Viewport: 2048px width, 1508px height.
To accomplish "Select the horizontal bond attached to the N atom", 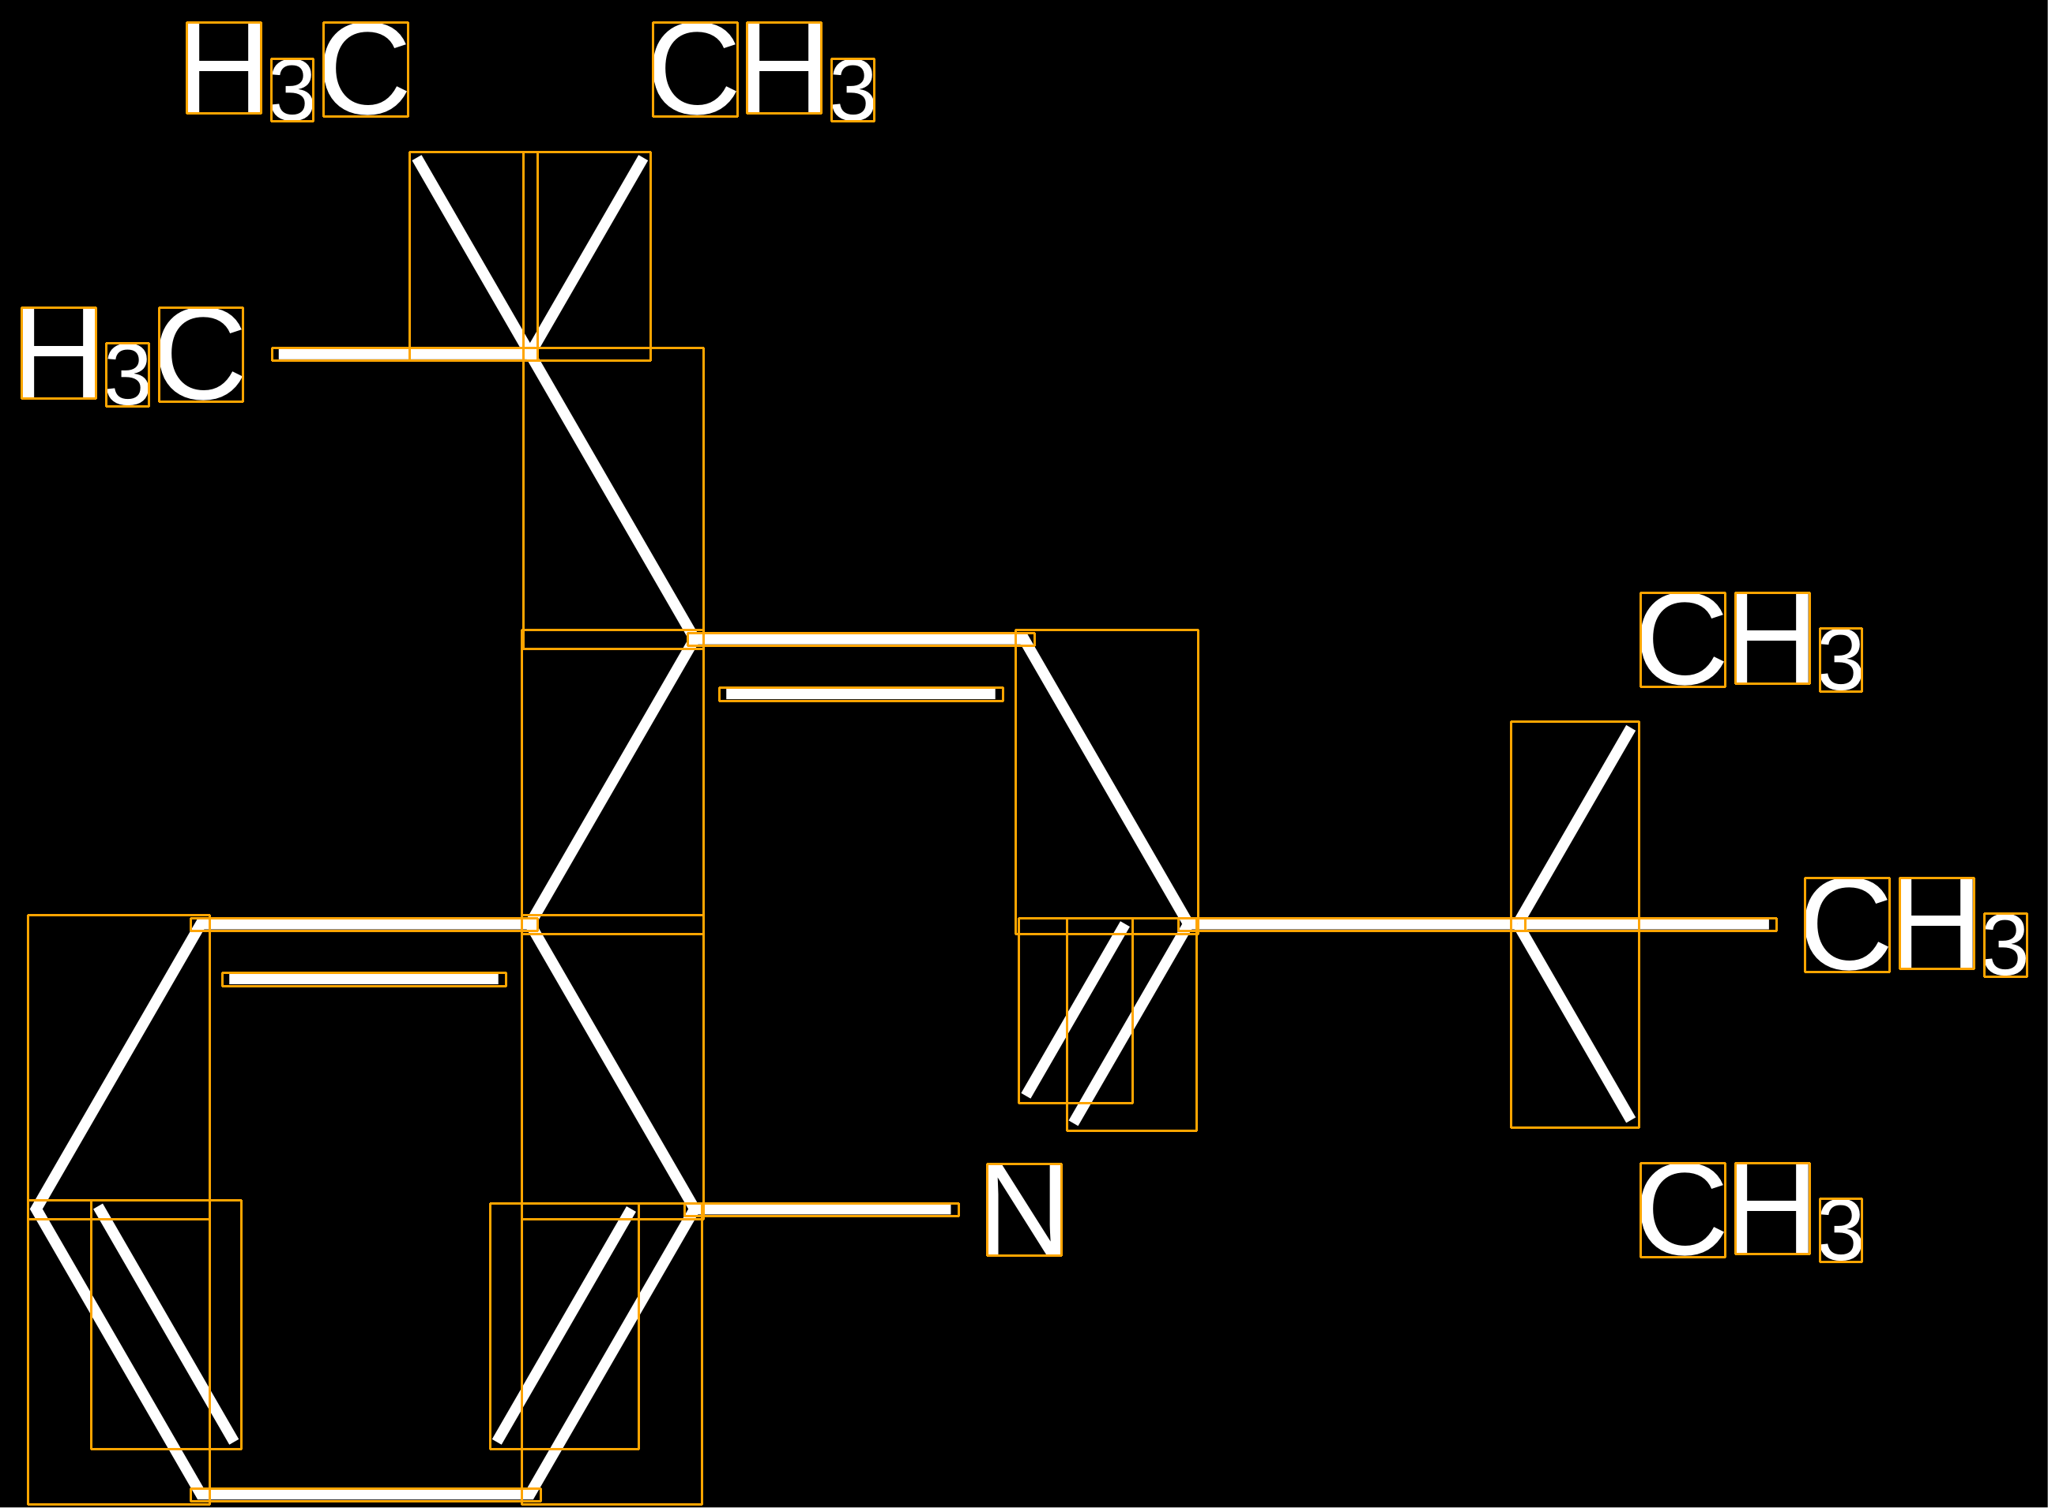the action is coord(822,1209).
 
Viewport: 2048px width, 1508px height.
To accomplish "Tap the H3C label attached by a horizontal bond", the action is coord(133,356).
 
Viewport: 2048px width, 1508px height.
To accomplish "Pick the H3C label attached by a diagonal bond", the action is coord(297,71).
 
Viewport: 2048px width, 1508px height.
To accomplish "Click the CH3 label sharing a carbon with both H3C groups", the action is coord(763,71).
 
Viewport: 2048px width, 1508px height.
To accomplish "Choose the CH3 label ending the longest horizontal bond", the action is coord(1915,927).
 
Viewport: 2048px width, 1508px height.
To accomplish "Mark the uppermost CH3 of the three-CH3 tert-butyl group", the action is coord(1751,641).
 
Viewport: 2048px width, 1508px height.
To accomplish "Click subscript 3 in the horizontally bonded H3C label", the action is coord(128,374).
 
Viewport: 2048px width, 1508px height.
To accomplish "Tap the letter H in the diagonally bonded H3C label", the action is coord(224,68).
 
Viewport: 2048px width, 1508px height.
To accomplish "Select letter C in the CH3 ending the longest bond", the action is coord(1847,925).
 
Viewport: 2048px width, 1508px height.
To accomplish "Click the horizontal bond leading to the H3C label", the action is coord(405,354).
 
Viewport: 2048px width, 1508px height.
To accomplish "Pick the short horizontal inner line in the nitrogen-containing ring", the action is coord(861,694).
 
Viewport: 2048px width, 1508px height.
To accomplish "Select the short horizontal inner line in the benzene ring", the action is coord(364,980).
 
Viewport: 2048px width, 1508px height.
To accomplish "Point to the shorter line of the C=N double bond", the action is coord(1075,1010).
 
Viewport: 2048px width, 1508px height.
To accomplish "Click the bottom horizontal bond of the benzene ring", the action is coord(365,1495).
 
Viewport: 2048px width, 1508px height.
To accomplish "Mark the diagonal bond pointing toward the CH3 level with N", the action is coord(1573,1022).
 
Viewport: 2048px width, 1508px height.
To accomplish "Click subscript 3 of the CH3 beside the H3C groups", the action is coord(853,89).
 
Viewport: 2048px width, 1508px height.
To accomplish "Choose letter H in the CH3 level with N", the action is coord(1772,1208).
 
